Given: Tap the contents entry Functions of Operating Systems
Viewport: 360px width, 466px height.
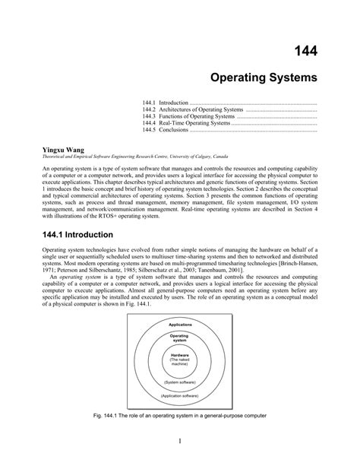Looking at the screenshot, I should (185, 116).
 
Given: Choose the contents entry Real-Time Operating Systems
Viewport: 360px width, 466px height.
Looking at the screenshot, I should (185, 123).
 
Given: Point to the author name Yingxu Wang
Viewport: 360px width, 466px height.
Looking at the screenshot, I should (63, 151).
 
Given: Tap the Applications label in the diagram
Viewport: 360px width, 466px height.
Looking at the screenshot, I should (179, 325).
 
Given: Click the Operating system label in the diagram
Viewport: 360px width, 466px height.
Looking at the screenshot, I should (179, 338).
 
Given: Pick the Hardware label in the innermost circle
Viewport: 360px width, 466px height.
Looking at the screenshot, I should (179, 355).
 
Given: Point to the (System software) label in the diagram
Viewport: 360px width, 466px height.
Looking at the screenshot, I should (179, 382).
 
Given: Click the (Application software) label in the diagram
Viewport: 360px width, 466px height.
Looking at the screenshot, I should (179, 396).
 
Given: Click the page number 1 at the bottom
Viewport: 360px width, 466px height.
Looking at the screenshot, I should (180, 442).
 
